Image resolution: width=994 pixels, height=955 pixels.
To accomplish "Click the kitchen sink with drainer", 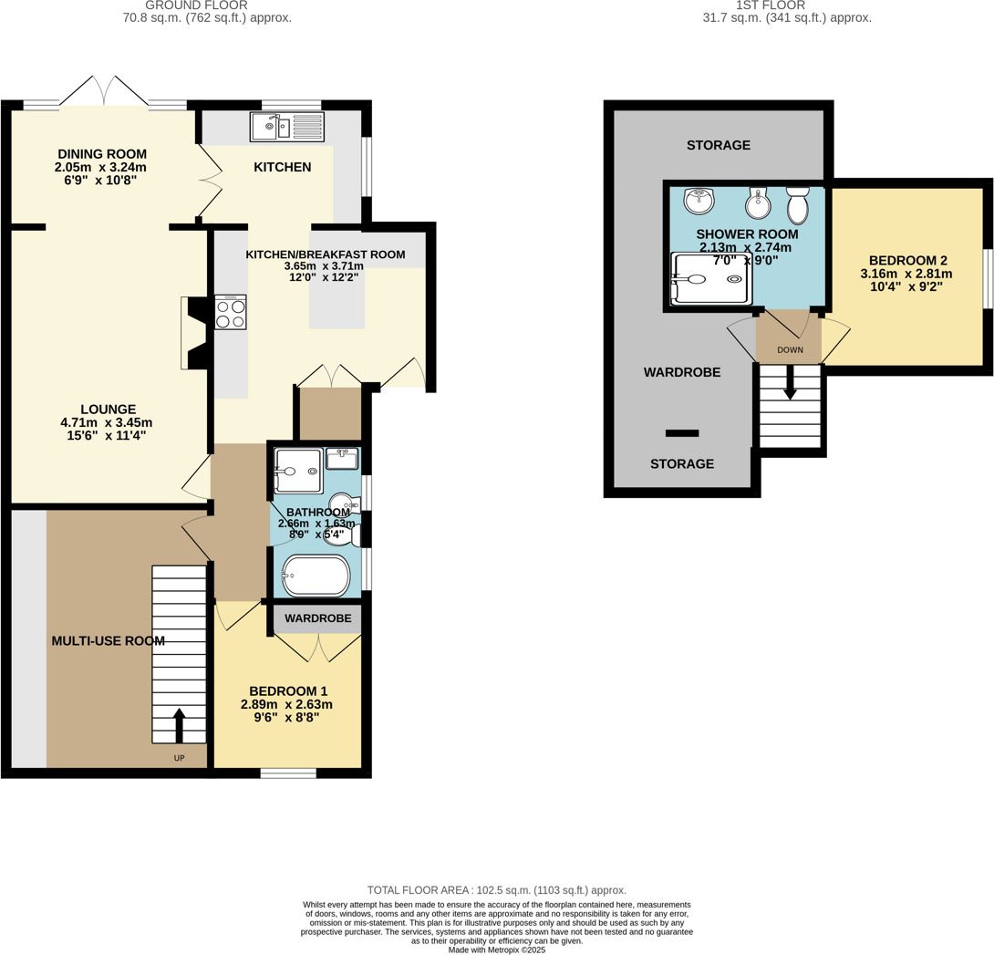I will (x=286, y=126).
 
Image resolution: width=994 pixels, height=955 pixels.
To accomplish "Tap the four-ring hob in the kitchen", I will (x=230, y=314).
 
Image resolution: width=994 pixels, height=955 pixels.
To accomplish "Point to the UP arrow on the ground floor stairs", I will (x=178, y=726).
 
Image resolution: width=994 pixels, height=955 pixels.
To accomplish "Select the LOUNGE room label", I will (x=108, y=410).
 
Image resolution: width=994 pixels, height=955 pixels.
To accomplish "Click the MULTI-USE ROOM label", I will (x=108, y=641).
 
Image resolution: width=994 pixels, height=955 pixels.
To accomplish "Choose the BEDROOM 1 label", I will (x=288, y=690).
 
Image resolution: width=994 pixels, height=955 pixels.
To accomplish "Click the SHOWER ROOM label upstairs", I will (x=747, y=234).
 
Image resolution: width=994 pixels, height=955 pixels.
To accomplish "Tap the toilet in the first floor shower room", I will (x=797, y=206).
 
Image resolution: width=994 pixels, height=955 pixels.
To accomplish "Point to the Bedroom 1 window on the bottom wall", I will (x=288, y=773).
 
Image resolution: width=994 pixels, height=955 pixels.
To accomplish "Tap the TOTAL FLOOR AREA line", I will (x=496, y=889).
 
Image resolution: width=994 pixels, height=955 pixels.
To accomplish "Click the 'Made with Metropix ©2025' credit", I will (x=496, y=950).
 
